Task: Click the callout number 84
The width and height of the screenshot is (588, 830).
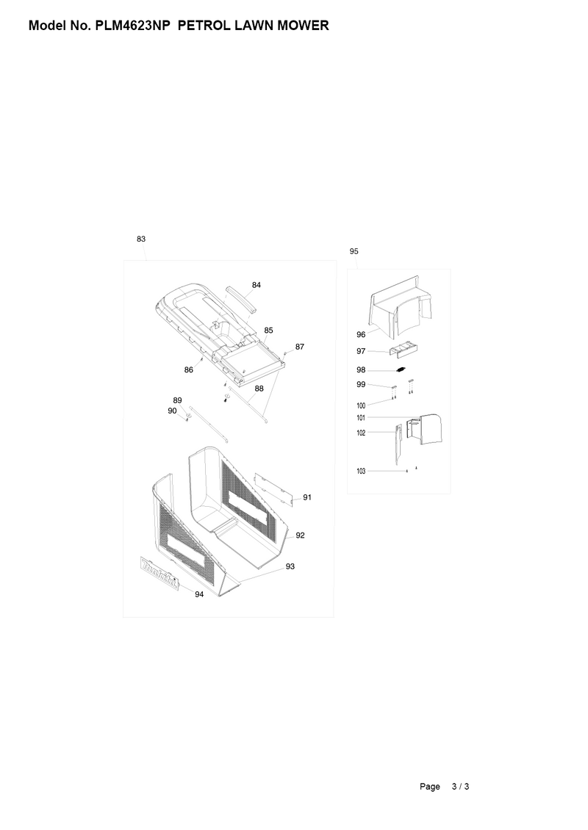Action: (257, 284)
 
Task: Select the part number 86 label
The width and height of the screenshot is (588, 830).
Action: (189, 370)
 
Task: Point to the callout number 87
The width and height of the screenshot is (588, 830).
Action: (299, 346)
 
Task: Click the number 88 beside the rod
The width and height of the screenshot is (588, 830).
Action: (259, 388)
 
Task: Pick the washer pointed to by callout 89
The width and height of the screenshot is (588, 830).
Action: (189, 416)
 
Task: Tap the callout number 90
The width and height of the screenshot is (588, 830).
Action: (172, 411)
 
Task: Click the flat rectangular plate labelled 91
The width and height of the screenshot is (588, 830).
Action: (273, 487)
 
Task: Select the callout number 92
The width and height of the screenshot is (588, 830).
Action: (300, 535)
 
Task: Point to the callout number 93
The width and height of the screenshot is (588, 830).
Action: (290, 566)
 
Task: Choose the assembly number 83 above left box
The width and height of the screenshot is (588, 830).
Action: (140, 239)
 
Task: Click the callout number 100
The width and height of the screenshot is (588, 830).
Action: (361, 405)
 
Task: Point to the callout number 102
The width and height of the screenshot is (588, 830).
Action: (361, 433)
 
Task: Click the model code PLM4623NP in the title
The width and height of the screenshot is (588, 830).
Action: (134, 26)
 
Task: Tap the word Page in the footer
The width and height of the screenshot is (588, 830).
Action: (430, 787)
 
